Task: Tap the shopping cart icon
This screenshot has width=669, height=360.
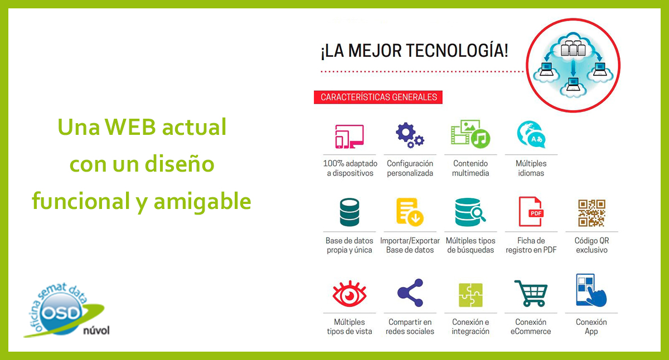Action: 531,293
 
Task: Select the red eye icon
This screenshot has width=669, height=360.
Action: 350,294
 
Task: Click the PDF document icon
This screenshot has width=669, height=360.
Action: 531,212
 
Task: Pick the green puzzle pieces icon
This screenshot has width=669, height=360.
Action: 471,295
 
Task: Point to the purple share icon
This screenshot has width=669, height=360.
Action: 410,293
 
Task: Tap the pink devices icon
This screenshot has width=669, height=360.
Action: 350,137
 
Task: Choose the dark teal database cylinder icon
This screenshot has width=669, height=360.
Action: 350,212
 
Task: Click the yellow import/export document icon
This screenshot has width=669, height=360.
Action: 410,212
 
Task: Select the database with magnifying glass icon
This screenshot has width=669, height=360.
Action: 471,212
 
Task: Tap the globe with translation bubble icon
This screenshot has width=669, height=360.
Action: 531,134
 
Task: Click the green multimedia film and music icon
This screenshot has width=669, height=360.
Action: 471,134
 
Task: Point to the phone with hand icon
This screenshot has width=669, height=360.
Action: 591,290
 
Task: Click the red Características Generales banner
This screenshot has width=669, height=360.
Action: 378,98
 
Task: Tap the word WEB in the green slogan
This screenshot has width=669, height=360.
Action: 130,127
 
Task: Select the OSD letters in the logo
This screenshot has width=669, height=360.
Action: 61,313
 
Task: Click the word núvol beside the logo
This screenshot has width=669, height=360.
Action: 96,330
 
